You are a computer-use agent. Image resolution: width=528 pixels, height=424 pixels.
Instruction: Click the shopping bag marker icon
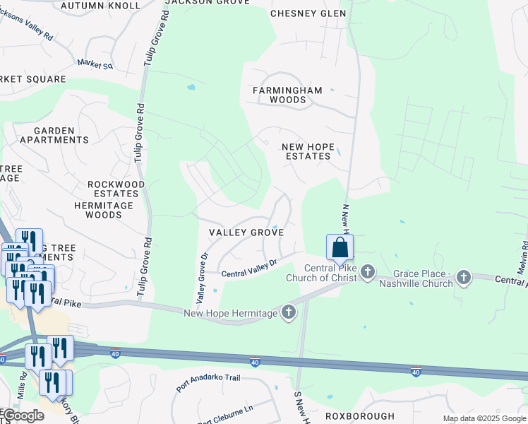pos(340,247)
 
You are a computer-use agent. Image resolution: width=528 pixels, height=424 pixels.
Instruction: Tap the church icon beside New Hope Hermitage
pos(288,312)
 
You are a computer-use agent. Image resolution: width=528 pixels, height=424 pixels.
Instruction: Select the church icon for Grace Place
pos(463,277)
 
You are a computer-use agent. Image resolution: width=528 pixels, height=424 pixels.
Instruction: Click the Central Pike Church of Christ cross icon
pos(367,272)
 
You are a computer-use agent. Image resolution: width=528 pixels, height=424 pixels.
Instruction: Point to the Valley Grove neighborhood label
pos(246,232)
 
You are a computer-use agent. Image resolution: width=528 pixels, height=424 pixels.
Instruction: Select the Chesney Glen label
pos(308,13)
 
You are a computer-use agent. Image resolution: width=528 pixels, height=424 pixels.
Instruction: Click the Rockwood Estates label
pos(116,189)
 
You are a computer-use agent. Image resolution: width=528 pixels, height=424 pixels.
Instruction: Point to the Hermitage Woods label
pos(103,210)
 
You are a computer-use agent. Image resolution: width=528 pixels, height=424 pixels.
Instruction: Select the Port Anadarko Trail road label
pos(208,382)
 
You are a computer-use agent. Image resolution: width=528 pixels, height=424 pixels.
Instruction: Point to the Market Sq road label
pos(96,64)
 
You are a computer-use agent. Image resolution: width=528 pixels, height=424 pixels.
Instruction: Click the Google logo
pos(22,416)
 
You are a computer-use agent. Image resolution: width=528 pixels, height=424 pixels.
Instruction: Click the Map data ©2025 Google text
pos(484,418)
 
